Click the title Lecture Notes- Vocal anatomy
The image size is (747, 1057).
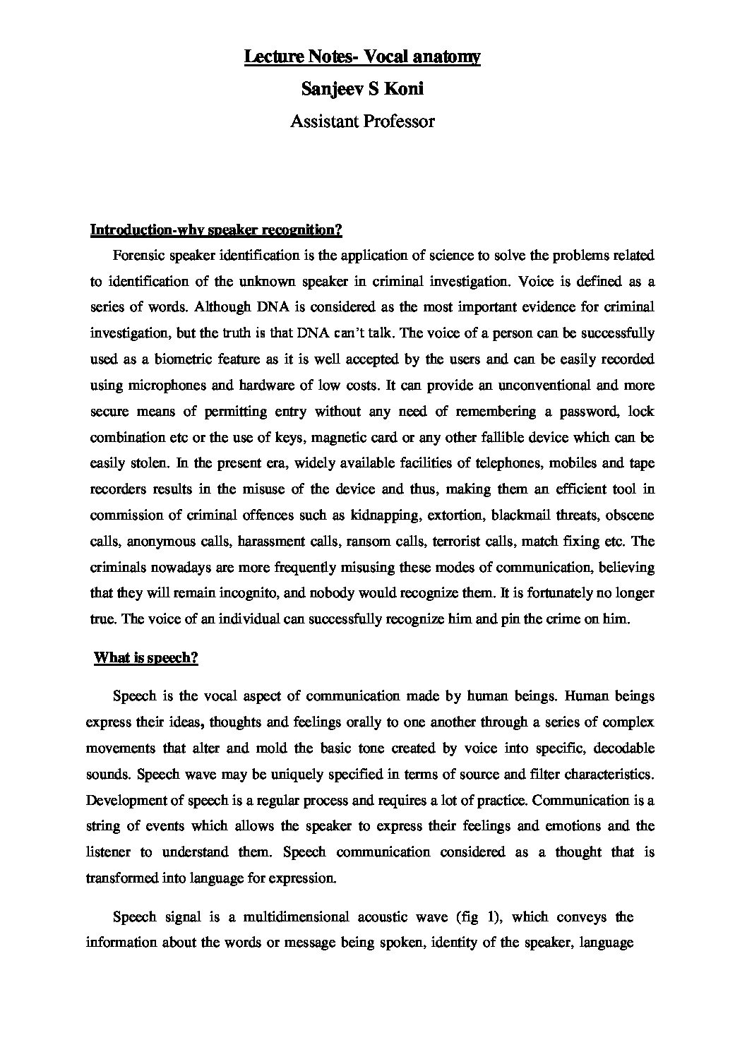362,56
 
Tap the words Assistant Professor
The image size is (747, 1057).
362,121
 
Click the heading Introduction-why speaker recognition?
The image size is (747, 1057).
216,229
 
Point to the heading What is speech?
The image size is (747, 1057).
146,658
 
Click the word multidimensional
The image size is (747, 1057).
296,917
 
